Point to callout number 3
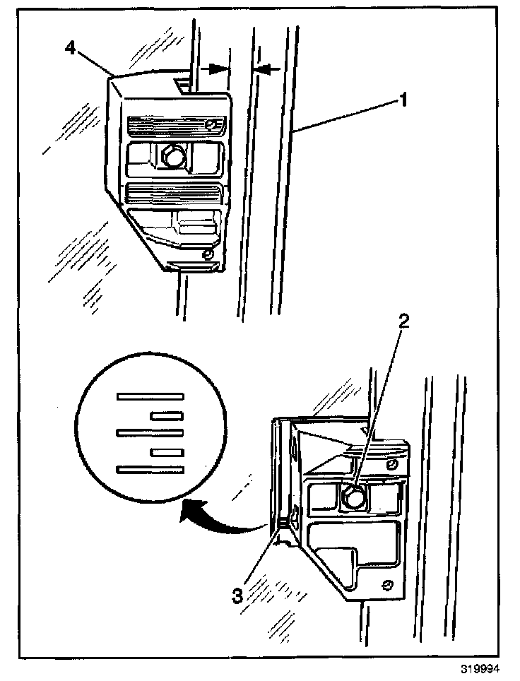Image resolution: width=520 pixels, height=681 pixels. coord(238,594)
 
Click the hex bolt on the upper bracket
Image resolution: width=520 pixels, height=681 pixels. coord(171,156)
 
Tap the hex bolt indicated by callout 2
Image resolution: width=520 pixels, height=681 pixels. coord(350,497)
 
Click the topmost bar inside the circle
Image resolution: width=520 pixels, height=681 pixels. coord(150,396)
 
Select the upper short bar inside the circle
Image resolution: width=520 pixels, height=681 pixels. coord(167,415)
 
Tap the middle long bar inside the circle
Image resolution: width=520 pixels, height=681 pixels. coord(150,432)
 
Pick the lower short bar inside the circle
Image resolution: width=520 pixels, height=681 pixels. coord(167,450)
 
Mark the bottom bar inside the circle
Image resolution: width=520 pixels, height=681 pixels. coord(150,468)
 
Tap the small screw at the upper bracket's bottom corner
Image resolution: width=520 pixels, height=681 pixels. coord(208,253)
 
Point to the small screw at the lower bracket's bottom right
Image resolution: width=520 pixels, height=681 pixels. coord(387,584)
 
